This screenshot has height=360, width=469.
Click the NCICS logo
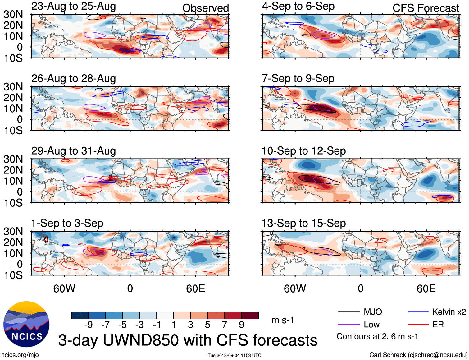[x=26, y=324]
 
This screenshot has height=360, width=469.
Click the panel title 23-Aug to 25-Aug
[x=74, y=6]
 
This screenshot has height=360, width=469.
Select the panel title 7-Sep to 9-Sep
[x=298, y=79]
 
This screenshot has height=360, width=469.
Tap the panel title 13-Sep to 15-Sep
[x=304, y=223]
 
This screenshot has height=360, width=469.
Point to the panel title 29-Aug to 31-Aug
[x=74, y=151]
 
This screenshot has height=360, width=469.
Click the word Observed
[x=205, y=8]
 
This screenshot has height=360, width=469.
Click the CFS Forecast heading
[x=426, y=8]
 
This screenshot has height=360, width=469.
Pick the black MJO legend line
[x=348, y=312]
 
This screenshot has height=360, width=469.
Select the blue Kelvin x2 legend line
[x=418, y=312]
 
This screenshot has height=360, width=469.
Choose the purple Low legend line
[x=348, y=325]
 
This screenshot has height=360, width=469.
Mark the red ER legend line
[x=418, y=325]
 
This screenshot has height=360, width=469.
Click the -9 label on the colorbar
[x=89, y=325]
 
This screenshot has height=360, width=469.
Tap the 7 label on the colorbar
[x=225, y=325]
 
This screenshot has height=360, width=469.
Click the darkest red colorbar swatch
[x=250, y=315]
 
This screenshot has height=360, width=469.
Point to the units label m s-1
[x=283, y=320]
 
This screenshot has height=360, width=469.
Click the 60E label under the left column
[x=195, y=289]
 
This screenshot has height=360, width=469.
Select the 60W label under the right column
[x=295, y=289]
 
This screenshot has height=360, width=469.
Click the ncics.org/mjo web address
[x=20, y=355]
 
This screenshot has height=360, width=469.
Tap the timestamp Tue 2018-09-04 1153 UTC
[x=234, y=355]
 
